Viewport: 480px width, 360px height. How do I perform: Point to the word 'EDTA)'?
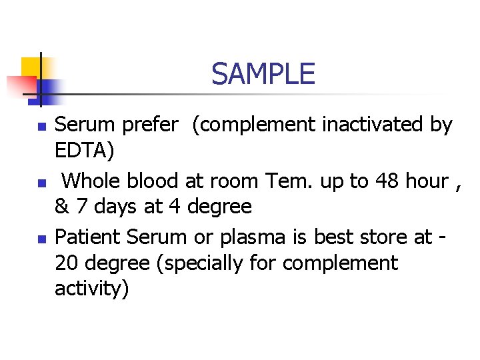point(84,151)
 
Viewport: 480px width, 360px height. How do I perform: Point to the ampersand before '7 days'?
point(61,207)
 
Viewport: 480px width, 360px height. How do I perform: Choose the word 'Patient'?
point(87,237)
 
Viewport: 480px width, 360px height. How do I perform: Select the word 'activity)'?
point(92,289)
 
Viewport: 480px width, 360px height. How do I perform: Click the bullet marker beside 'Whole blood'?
point(41,182)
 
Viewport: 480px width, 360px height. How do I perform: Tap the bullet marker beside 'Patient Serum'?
point(41,238)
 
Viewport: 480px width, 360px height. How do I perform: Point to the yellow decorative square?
point(31,67)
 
